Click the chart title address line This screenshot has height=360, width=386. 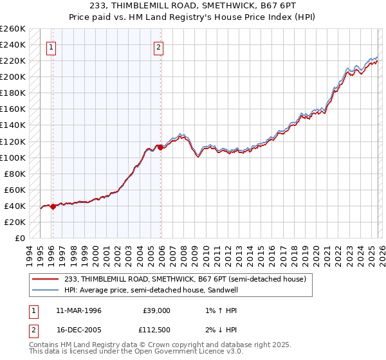click(x=192, y=6)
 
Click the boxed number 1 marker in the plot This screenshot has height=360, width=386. click(x=50, y=46)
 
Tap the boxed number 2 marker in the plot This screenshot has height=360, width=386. click(x=158, y=46)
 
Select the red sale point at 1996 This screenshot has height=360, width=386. click(x=53, y=206)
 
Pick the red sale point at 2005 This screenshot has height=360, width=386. click(x=161, y=148)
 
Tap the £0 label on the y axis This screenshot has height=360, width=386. click(x=19, y=238)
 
